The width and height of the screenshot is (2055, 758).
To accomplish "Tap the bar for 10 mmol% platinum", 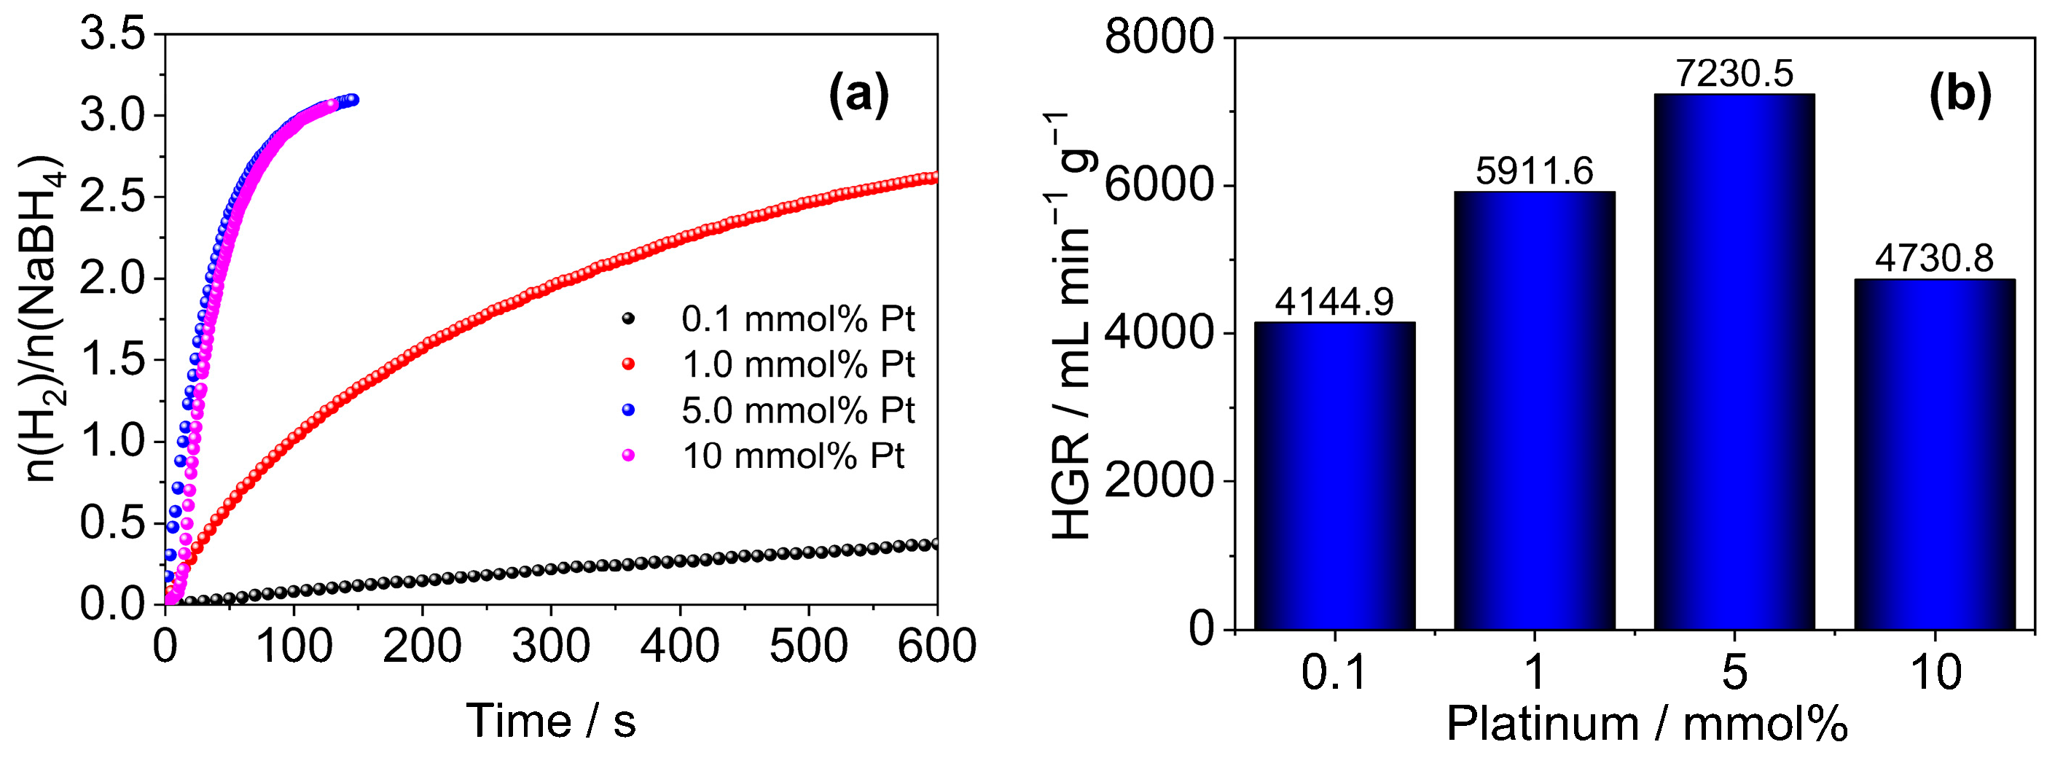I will click(1934, 454).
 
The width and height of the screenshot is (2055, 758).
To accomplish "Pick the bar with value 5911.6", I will click(1533, 410).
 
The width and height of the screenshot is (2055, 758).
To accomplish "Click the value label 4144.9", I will click(1334, 302).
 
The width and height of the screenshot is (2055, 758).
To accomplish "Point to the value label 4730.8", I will click(1934, 259).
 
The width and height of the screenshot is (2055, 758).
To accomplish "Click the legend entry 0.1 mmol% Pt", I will click(797, 319).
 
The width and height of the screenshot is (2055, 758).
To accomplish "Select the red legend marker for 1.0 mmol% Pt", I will click(629, 364).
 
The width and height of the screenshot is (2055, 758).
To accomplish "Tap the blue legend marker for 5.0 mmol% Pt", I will click(629, 410).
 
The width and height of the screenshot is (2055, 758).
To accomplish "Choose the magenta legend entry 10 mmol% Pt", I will click(793, 456).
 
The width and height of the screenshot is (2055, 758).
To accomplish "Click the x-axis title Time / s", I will click(550, 722).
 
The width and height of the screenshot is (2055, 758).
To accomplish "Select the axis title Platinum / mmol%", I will click(1647, 724).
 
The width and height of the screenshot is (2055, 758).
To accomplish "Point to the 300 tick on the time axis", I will click(550, 646).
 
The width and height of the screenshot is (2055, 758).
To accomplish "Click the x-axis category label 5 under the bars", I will click(1734, 672).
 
